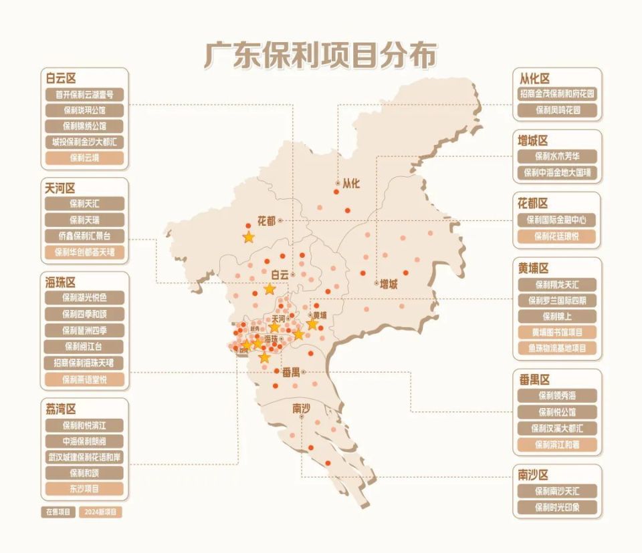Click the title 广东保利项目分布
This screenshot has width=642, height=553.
(x=321, y=55)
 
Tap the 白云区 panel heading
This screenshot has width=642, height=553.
(x=60, y=77)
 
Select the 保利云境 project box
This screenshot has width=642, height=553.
(x=84, y=158)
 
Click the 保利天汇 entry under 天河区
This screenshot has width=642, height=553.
(x=84, y=203)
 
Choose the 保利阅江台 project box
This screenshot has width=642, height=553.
(x=84, y=347)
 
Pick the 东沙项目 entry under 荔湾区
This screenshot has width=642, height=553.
(x=84, y=489)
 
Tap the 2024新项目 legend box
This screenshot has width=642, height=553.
(x=100, y=512)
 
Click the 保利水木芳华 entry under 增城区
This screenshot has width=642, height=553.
(x=557, y=157)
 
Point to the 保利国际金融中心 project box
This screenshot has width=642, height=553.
(x=557, y=219)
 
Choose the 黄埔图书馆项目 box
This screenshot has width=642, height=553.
(x=557, y=332)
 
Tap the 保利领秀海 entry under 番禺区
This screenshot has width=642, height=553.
(x=557, y=395)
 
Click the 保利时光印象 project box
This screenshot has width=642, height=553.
(x=557, y=507)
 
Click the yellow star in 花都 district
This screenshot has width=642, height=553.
(x=249, y=237)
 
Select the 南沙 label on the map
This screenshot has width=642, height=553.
(x=301, y=407)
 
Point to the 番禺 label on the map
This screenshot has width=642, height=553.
(x=291, y=371)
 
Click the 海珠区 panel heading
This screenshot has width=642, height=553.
(x=60, y=283)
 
